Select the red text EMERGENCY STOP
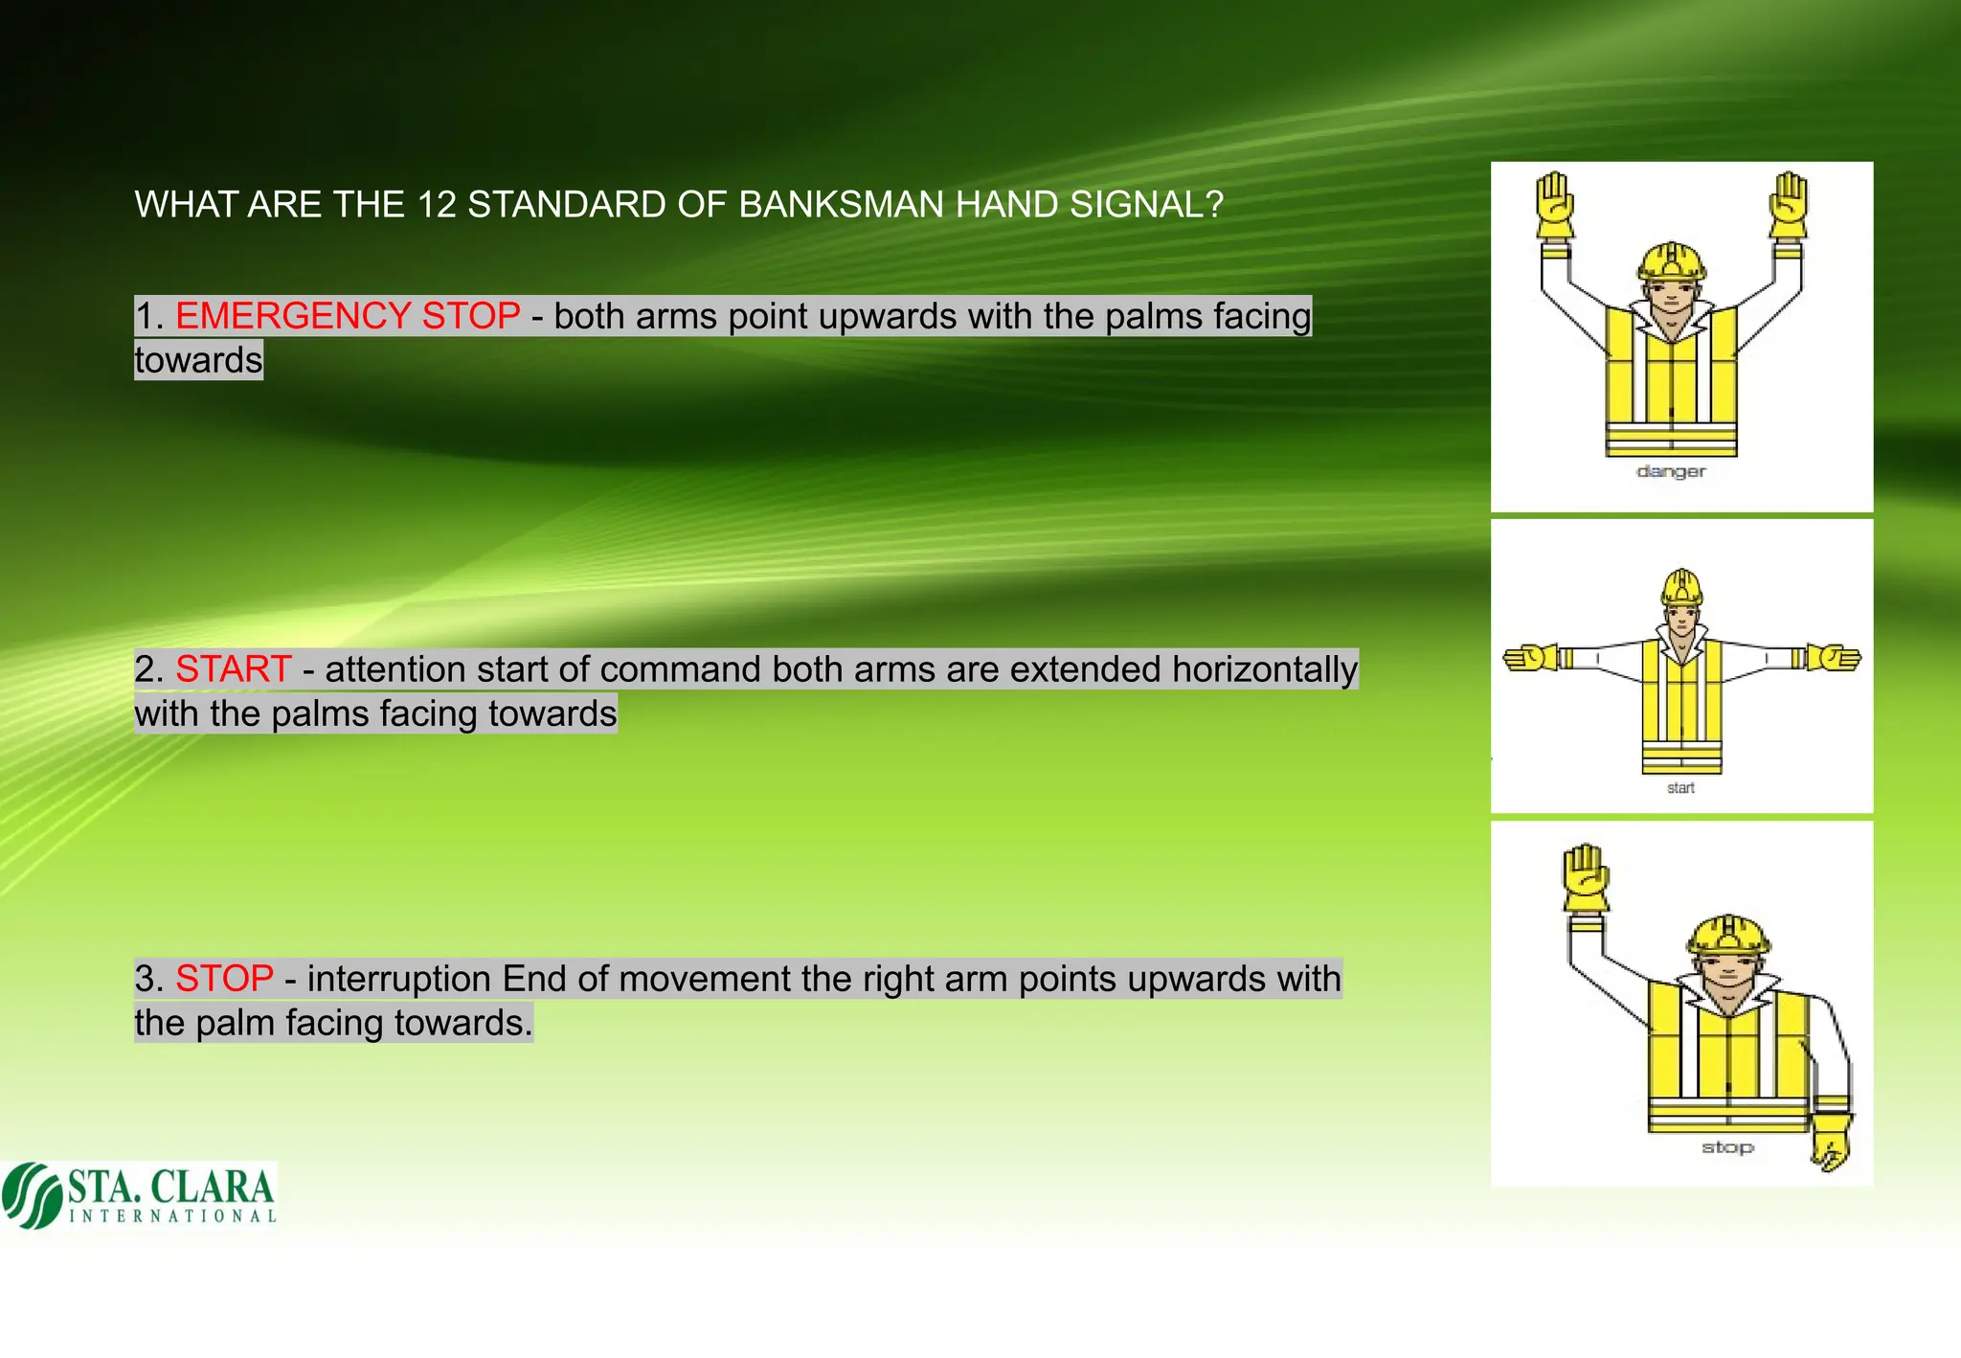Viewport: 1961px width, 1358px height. point(348,316)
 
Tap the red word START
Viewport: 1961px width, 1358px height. point(233,669)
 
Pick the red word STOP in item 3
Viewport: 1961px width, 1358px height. point(224,979)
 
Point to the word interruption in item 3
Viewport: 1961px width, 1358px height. point(398,980)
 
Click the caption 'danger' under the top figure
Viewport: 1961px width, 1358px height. point(1671,471)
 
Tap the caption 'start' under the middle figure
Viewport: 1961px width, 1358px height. point(1680,788)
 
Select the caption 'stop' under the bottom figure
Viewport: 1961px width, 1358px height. point(1727,1147)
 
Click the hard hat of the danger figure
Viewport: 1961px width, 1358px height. point(1672,260)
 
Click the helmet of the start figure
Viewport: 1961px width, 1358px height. point(1682,587)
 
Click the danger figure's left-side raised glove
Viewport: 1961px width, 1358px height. point(1555,205)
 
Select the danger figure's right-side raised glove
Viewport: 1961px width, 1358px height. point(1788,205)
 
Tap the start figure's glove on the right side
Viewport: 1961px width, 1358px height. point(1834,659)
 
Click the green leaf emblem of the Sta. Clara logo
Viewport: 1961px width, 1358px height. point(32,1195)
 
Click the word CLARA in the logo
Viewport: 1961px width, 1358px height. point(213,1188)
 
